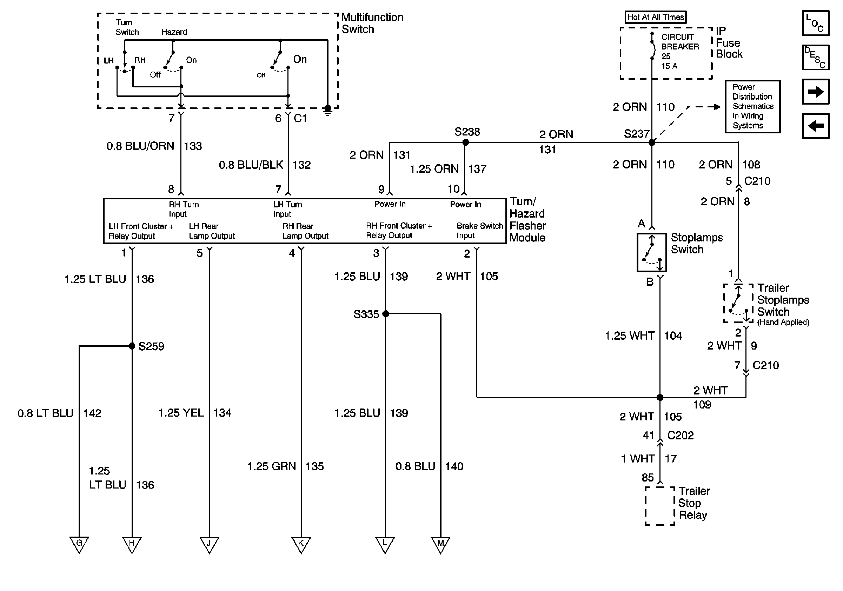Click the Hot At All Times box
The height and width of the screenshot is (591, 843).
(655, 17)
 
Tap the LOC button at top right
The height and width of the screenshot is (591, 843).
(816, 23)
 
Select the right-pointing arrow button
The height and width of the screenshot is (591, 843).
(816, 92)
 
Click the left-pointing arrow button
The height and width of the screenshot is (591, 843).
(816, 126)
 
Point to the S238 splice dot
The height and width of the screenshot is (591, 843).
(466, 142)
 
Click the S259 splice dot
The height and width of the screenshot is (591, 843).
(132, 346)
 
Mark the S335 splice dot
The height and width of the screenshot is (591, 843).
(385, 314)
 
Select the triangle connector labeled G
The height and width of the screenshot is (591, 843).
(79, 544)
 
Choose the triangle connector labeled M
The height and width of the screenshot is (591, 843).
(440, 544)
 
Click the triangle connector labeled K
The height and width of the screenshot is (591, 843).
(301, 544)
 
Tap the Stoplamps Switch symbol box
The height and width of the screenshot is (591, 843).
(652, 253)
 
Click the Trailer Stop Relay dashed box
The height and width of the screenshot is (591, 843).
(660, 506)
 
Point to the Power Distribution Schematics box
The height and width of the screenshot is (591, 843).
(752, 106)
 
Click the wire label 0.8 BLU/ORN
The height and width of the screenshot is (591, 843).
(140, 146)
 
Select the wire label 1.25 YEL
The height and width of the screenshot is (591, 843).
(181, 413)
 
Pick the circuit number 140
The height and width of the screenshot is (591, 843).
(454, 466)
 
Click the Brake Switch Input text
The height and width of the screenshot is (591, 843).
(479, 231)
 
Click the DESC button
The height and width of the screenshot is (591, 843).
(816, 58)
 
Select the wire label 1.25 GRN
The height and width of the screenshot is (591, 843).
(271, 466)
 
